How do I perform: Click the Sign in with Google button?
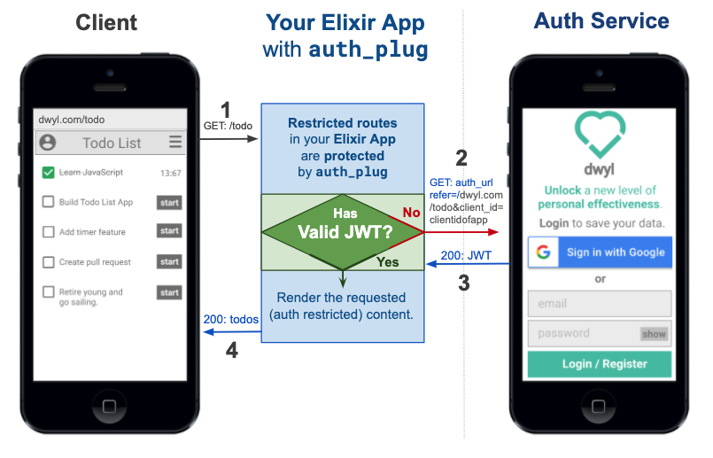pos(599,252)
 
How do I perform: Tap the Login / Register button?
pos(599,364)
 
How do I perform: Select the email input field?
pos(599,303)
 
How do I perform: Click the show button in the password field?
pos(654,334)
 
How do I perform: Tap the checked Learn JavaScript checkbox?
pos(49,173)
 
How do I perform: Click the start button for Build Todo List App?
pos(169,203)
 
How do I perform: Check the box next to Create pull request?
pos(49,262)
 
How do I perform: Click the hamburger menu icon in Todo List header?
pos(175,142)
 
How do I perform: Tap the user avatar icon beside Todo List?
pos(48,142)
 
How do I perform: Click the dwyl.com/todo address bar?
pos(110,120)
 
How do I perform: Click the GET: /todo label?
pos(228,126)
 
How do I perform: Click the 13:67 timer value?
pos(170,173)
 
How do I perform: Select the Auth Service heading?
pos(601,20)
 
